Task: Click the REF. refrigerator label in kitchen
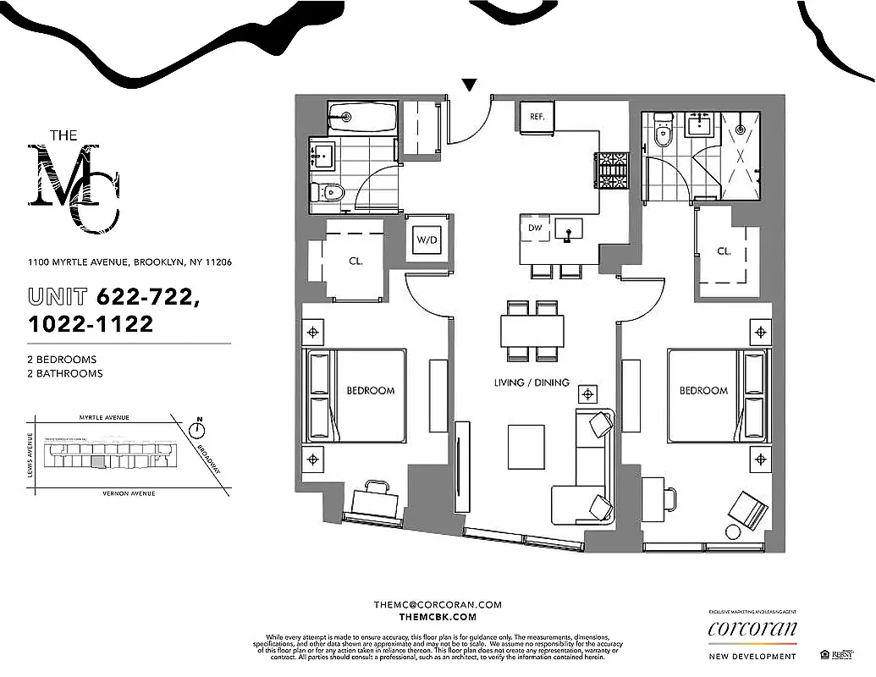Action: pos(537,117)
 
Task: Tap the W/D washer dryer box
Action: pos(427,240)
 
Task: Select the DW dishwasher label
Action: pos(535,228)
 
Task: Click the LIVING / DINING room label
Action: pos(532,383)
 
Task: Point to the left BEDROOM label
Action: pos(370,390)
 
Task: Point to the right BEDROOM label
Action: pos(702,390)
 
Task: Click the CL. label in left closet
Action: pos(355,261)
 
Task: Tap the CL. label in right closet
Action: pos(724,251)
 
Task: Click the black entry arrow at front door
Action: pos(469,85)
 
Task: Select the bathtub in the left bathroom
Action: pos(361,117)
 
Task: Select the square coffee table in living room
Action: pos(526,446)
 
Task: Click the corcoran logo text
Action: pos(752,628)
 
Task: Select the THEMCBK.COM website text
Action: pos(438,618)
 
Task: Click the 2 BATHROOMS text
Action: pos(64,373)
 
